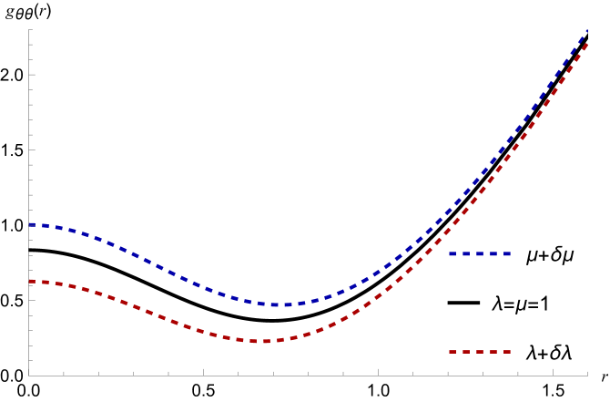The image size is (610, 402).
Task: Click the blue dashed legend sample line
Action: (480, 254)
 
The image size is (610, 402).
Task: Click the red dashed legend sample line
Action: (480, 352)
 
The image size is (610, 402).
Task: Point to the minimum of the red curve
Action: (264, 341)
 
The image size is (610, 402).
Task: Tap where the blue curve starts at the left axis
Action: (30, 224)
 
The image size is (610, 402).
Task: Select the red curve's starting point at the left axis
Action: (30, 282)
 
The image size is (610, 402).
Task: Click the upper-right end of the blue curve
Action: (586, 31)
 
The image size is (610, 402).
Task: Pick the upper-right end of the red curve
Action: (586, 43)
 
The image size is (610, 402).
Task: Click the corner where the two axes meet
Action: (28, 375)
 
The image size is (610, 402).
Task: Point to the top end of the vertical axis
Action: (28, 29)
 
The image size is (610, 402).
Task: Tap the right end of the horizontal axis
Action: (587, 375)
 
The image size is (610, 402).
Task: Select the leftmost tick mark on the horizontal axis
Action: (64, 372)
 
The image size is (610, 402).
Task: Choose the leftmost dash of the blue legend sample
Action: (452, 254)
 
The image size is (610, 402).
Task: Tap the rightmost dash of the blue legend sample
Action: (507, 254)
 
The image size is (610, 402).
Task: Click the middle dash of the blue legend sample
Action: (480, 254)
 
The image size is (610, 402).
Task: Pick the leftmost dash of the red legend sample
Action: (452, 352)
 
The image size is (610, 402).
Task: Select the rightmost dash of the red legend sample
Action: (507, 352)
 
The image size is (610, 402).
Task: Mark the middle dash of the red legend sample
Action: (480, 352)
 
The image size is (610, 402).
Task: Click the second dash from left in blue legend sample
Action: (466, 254)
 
